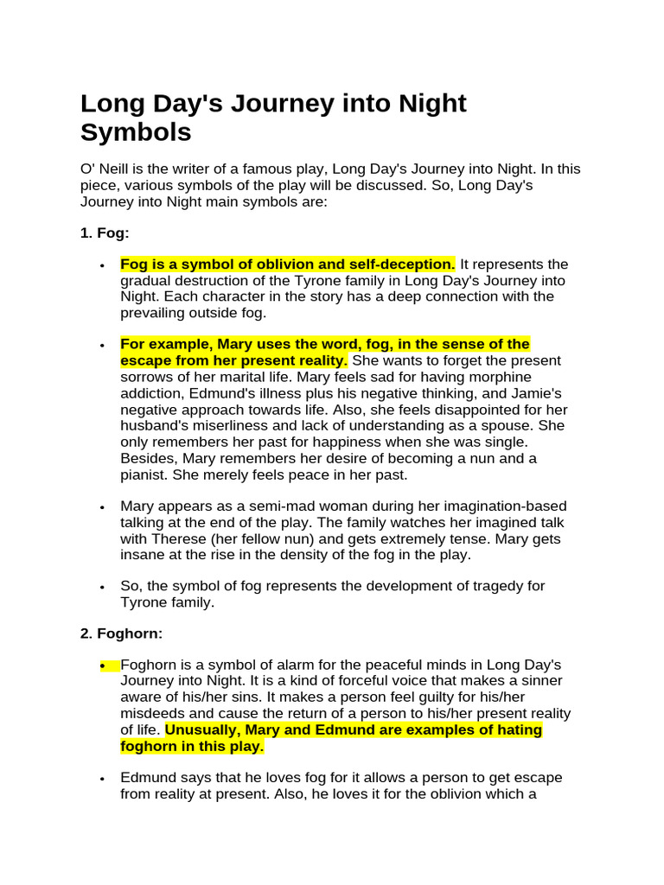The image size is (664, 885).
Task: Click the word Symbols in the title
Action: tap(136, 132)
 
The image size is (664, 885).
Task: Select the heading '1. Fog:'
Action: tap(105, 233)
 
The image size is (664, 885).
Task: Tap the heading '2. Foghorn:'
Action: tap(121, 634)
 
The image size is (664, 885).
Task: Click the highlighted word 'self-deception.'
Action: tap(402, 264)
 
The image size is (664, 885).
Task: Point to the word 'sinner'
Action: tap(538, 681)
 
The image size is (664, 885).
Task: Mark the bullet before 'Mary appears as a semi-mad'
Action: tap(103, 507)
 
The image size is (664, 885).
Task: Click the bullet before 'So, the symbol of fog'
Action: tap(103, 587)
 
